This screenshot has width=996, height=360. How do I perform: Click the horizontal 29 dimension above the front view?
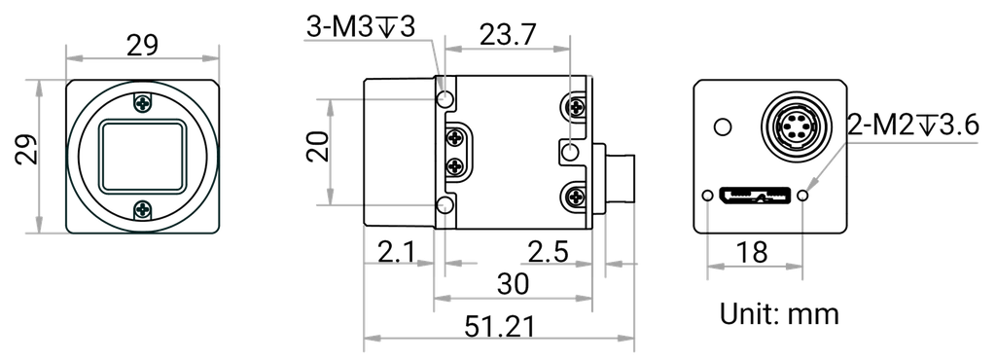(144, 45)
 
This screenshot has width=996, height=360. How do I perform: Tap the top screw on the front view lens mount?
(144, 101)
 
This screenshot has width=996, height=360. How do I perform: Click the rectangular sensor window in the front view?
(144, 155)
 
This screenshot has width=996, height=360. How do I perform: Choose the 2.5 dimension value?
(547, 256)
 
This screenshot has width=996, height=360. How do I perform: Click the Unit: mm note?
(779, 315)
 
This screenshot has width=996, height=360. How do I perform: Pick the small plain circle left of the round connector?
(721, 126)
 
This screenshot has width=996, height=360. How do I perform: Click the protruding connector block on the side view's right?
(615, 181)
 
